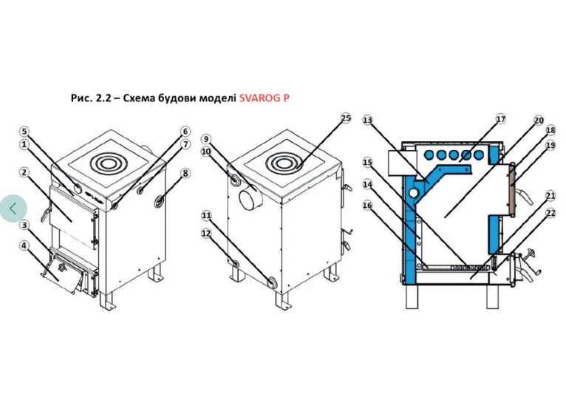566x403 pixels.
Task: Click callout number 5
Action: click(24, 132)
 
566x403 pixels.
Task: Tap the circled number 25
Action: click(346, 118)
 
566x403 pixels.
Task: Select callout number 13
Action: click(367, 120)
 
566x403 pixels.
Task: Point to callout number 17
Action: click(501, 119)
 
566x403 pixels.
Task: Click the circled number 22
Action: click(550, 213)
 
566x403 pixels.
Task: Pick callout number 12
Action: click(206, 233)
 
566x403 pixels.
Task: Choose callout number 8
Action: click(185, 173)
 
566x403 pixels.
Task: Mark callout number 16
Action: click(367, 206)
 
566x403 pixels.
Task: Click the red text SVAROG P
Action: click(265, 98)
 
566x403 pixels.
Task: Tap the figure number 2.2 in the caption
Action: click(103, 98)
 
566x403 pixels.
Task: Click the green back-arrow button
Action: click(13, 209)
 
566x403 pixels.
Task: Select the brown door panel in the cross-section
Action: click(513, 192)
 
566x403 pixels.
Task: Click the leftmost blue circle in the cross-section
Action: click(429, 155)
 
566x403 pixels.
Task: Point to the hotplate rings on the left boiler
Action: click(107, 163)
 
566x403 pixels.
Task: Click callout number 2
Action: click(24, 172)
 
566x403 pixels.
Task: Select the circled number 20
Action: click(539, 121)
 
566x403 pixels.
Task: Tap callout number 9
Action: click(206, 139)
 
